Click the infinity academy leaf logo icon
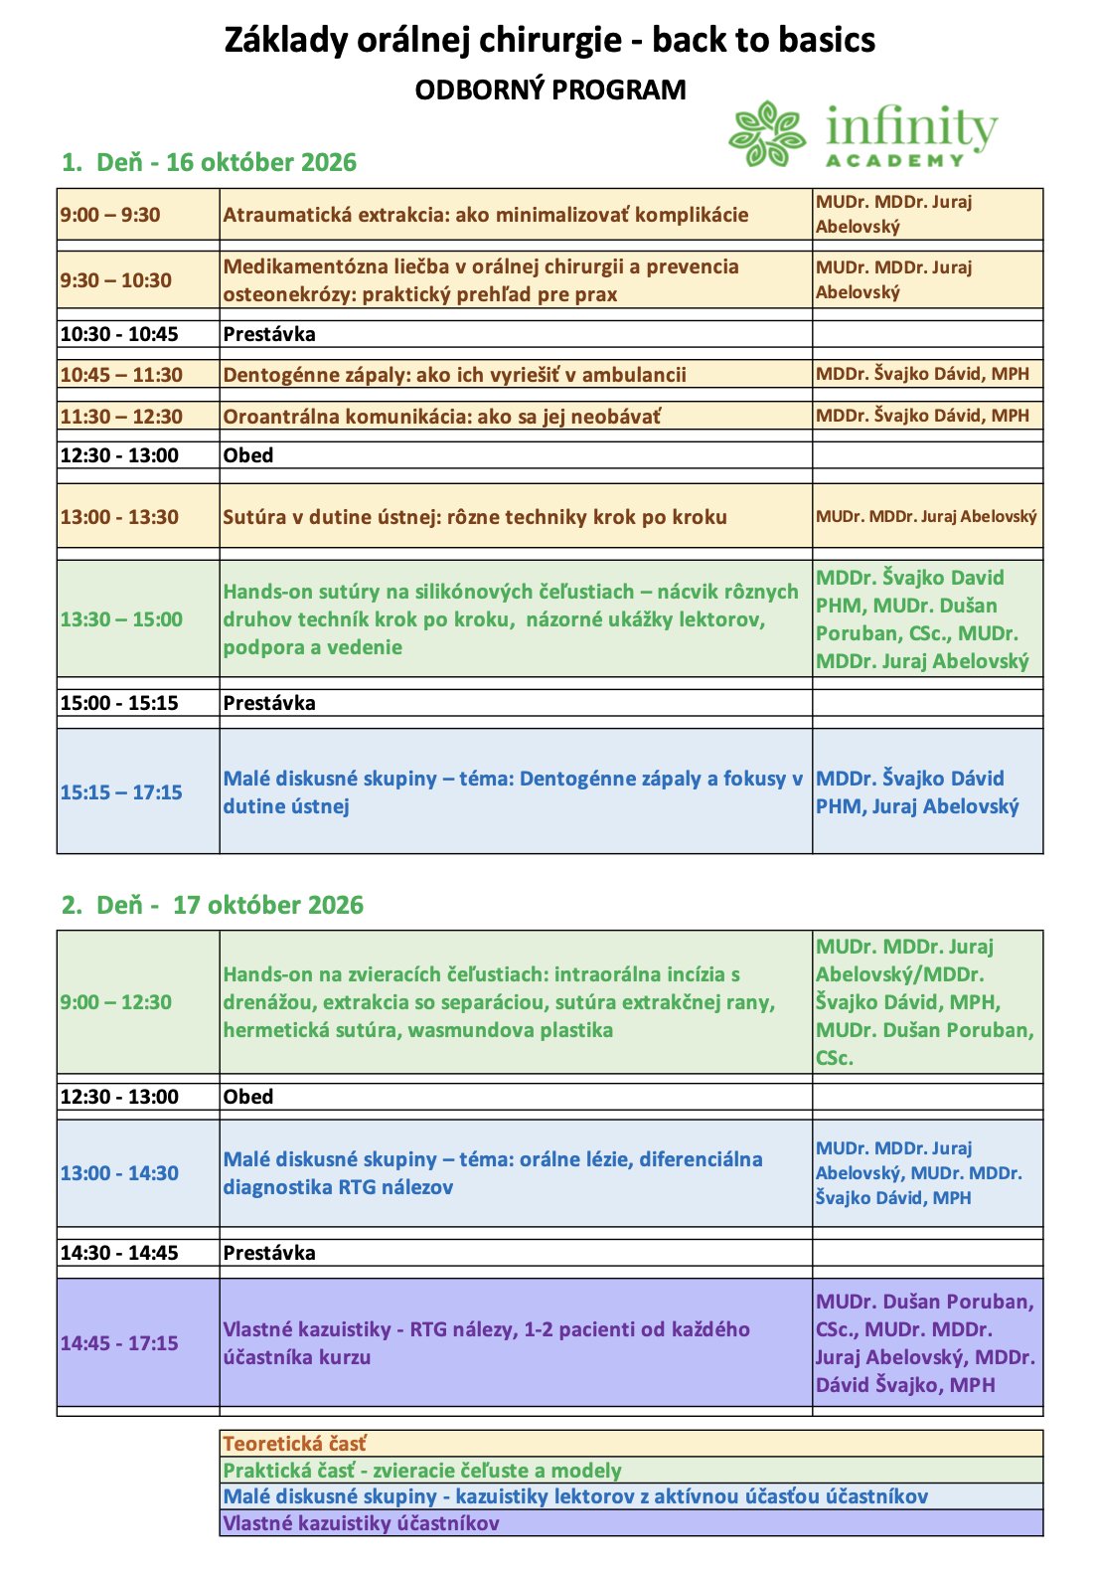[x=766, y=133]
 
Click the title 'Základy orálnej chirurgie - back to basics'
[x=549, y=41]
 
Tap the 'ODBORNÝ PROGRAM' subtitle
[x=549, y=89]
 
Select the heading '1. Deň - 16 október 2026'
[x=209, y=162]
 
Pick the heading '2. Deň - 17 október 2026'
[x=213, y=905]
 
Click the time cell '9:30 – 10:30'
[x=116, y=280]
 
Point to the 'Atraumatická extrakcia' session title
[x=486, y=215]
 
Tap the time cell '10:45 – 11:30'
[x=121, y=375]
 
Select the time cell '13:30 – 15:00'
[x=121, y=619]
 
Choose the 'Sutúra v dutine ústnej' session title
[x=475, y=517]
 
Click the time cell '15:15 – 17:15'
[x=121, y=792]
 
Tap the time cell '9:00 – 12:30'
[x=116, y=1002]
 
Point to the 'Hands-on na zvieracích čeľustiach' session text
[x=499, y=1002]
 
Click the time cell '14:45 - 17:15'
[x=119, y=1343]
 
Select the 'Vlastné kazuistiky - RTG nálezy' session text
[x=486, y=1343]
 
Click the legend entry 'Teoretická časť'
[x=295, y=1444]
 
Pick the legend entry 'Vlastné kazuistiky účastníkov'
[x=361, y=1523]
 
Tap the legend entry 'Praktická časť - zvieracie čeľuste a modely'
[x=422, y=1471]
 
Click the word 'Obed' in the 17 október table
[x=248, y=1097]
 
